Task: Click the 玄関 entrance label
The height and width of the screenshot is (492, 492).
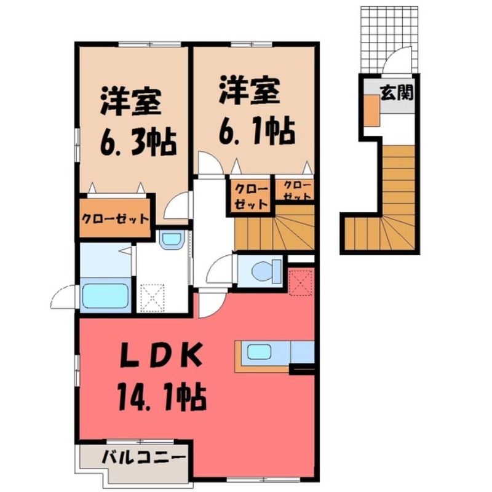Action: (395, 93)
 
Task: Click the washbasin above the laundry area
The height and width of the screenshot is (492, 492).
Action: (170, 240)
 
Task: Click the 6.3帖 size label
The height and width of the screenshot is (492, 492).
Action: (138, 142)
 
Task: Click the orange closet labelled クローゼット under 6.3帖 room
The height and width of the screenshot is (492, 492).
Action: (115, 218)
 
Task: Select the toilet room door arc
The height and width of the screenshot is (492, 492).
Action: (219, 271)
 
